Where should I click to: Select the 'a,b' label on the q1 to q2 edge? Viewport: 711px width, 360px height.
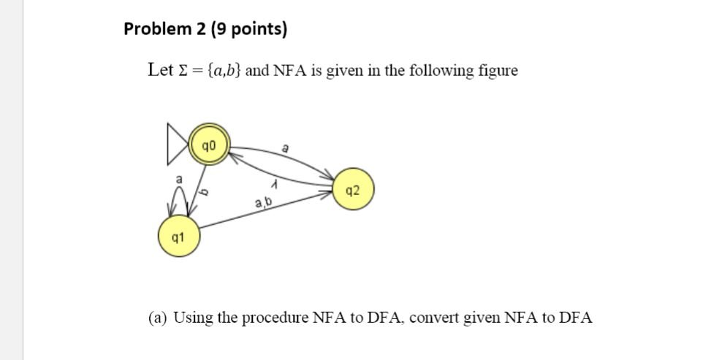(x=265, y=202)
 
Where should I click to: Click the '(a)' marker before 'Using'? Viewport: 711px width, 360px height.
(x=157, y=318)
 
